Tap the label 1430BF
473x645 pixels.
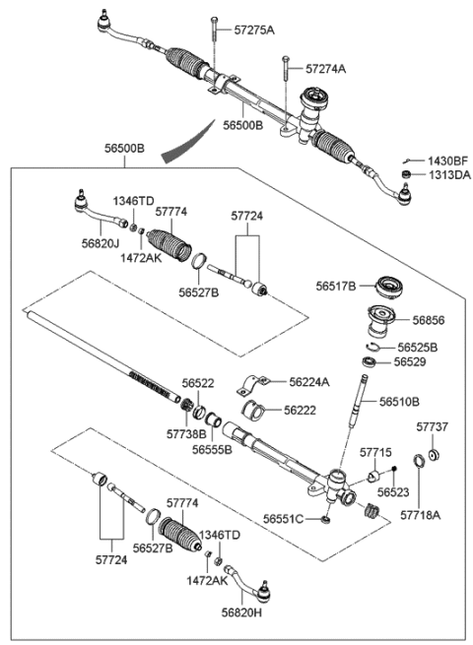(x=447, y=160)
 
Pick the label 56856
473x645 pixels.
(x=427, y=320)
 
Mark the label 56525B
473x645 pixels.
(x=418, y=348)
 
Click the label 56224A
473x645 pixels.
(x=307, y=381)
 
